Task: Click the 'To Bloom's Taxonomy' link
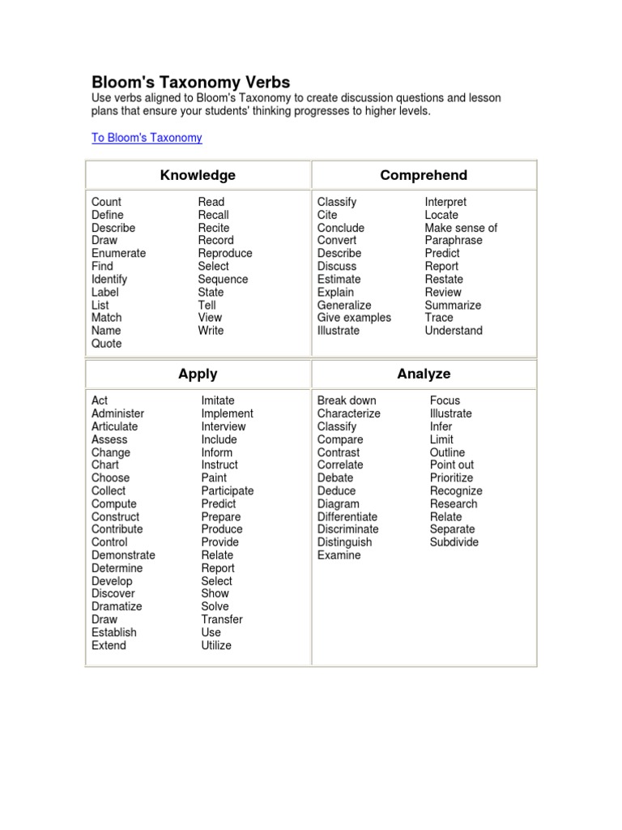tap(147, 138)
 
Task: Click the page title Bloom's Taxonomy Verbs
tap(190, 82)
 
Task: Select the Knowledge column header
tap(198, 175)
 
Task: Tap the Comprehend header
tap(424, 175)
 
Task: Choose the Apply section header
tap(198, 374)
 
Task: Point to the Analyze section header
tap(424, 374)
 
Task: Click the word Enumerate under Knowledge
tap(119, 253)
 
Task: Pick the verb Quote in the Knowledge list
tap(107, 344)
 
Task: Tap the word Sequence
tap(223, 279)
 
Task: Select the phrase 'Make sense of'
tap(461, 228)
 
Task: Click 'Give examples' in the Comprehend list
tap(354, 318)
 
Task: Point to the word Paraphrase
tap(454, 240)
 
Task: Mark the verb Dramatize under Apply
tap(117, 606)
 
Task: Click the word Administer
tap(117, 413)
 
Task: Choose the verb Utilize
tap(216, 645)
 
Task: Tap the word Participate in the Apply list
tap(228, 490)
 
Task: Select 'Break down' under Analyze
tap(347, 400)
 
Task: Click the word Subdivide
tap(454, 542)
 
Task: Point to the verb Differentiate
tap(347, 516)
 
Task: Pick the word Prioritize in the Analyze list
tap(452, 477)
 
